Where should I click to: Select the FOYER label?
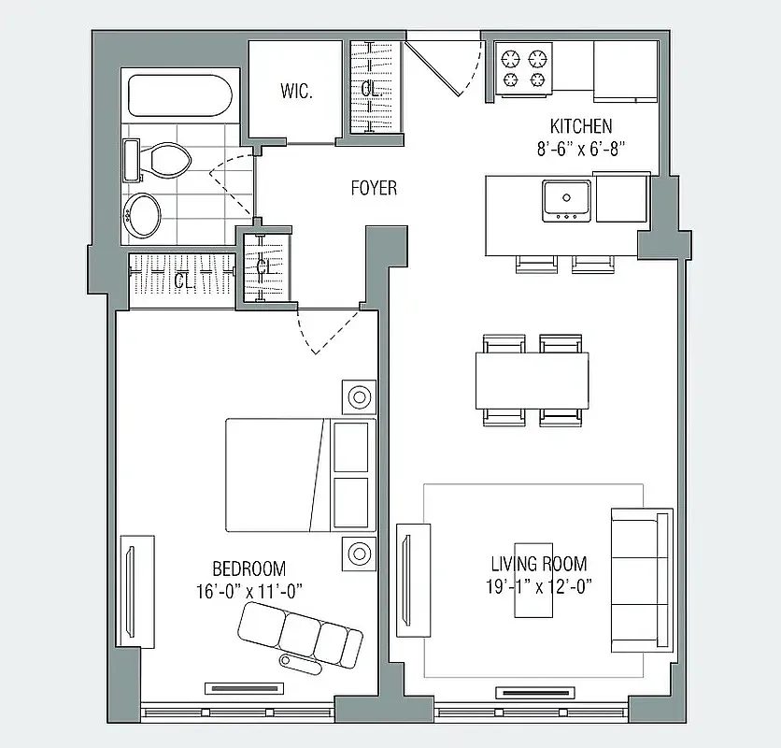coord(374,189)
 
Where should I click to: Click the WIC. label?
coord(296,92)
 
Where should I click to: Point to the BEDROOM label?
coord(248,568)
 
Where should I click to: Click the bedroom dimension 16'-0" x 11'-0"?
coord(249,590)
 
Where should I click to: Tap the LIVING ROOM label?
coord(539,564)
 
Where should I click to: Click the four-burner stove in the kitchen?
coord(523,70)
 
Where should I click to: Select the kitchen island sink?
coord(565,199)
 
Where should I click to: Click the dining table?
coord(532,379)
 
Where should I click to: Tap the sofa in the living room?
coord(642,580)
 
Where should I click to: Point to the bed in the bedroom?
coord(299,474)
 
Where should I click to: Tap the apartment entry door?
coord(445,62)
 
